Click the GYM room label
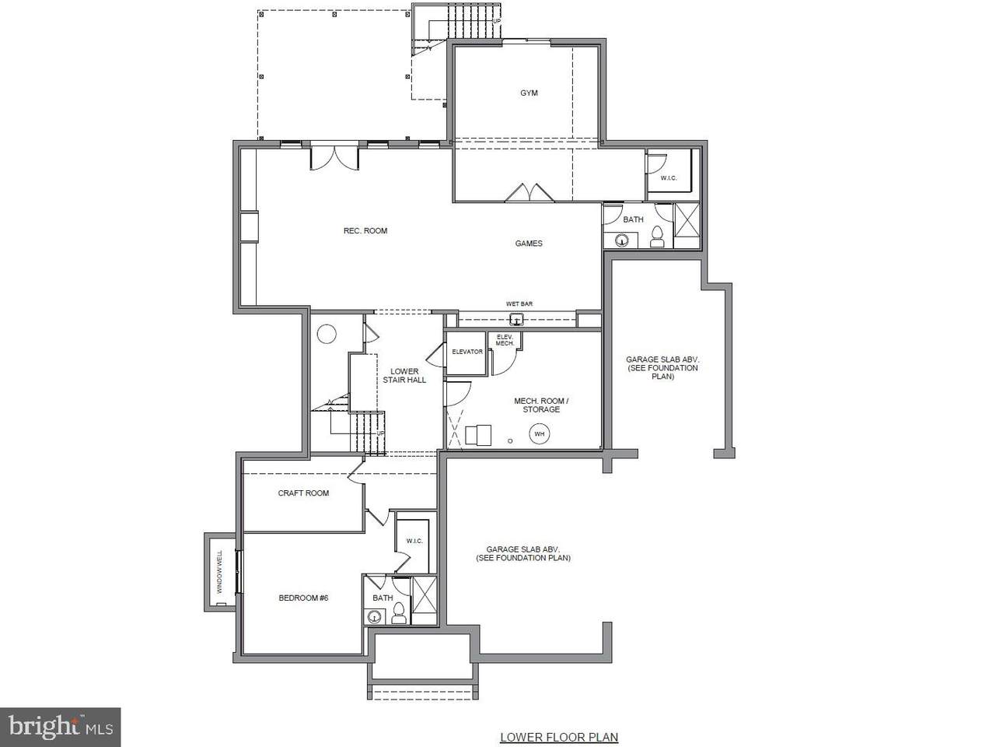529,93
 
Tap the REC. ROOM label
365,231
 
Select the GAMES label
529,244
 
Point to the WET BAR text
519,304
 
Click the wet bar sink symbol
517,320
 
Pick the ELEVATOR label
467,352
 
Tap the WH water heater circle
540,433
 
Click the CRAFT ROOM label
303,493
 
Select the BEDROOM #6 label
303,598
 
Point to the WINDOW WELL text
220,572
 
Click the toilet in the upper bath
657,237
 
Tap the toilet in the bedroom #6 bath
399,612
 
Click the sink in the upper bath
622,240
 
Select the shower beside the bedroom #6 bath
424,594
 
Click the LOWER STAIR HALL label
404,376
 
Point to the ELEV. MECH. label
505,340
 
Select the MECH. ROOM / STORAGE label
541,405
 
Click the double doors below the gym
529,193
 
